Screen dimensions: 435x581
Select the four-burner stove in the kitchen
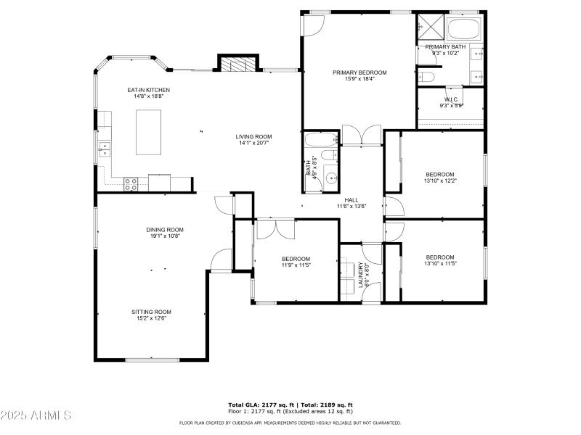click(x=131, y=184)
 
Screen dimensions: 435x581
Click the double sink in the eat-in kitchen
click(x=105, y=149)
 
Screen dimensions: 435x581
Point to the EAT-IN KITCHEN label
click(x=148, y=90)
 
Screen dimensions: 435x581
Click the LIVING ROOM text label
click(x=253, y=136)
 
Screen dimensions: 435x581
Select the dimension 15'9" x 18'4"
click(x=359, y=79)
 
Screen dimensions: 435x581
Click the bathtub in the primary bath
click(x=463, y=30)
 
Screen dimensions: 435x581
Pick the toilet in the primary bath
click(x=428, y=76)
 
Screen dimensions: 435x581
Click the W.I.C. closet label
click(x=451, y=99)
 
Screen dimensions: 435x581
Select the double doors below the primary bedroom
click(x=361, y=135)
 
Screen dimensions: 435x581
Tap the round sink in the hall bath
click(x=330, y=178)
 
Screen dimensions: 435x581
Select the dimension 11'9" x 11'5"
click(x=296, y=265)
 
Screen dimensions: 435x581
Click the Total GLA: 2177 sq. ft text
click(x=261, y=405)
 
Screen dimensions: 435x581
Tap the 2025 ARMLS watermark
click(x=36, y=415)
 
